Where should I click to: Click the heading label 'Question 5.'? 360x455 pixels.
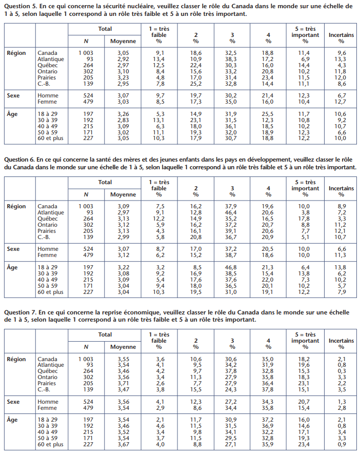21,6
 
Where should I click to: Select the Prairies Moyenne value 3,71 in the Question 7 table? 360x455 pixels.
123,383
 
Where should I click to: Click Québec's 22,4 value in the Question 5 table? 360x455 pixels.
196,65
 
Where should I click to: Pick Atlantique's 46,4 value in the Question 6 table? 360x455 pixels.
231,212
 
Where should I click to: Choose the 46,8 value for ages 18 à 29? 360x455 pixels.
231,267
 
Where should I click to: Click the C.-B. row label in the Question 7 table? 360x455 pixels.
44,389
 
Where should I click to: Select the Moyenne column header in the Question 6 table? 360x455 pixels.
123,195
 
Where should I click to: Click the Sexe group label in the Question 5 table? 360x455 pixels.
13,95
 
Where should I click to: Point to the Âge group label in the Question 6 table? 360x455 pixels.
12,267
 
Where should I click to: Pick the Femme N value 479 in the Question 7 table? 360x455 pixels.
88,408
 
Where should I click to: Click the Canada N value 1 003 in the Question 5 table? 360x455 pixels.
86,53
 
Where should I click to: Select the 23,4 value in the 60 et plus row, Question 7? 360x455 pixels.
304,444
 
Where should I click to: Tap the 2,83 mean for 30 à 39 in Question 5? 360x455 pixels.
123,120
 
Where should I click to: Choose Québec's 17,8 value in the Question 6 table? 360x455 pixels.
304,219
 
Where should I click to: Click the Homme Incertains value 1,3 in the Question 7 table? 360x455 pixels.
342,402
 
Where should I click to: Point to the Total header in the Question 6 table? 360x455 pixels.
105,182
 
